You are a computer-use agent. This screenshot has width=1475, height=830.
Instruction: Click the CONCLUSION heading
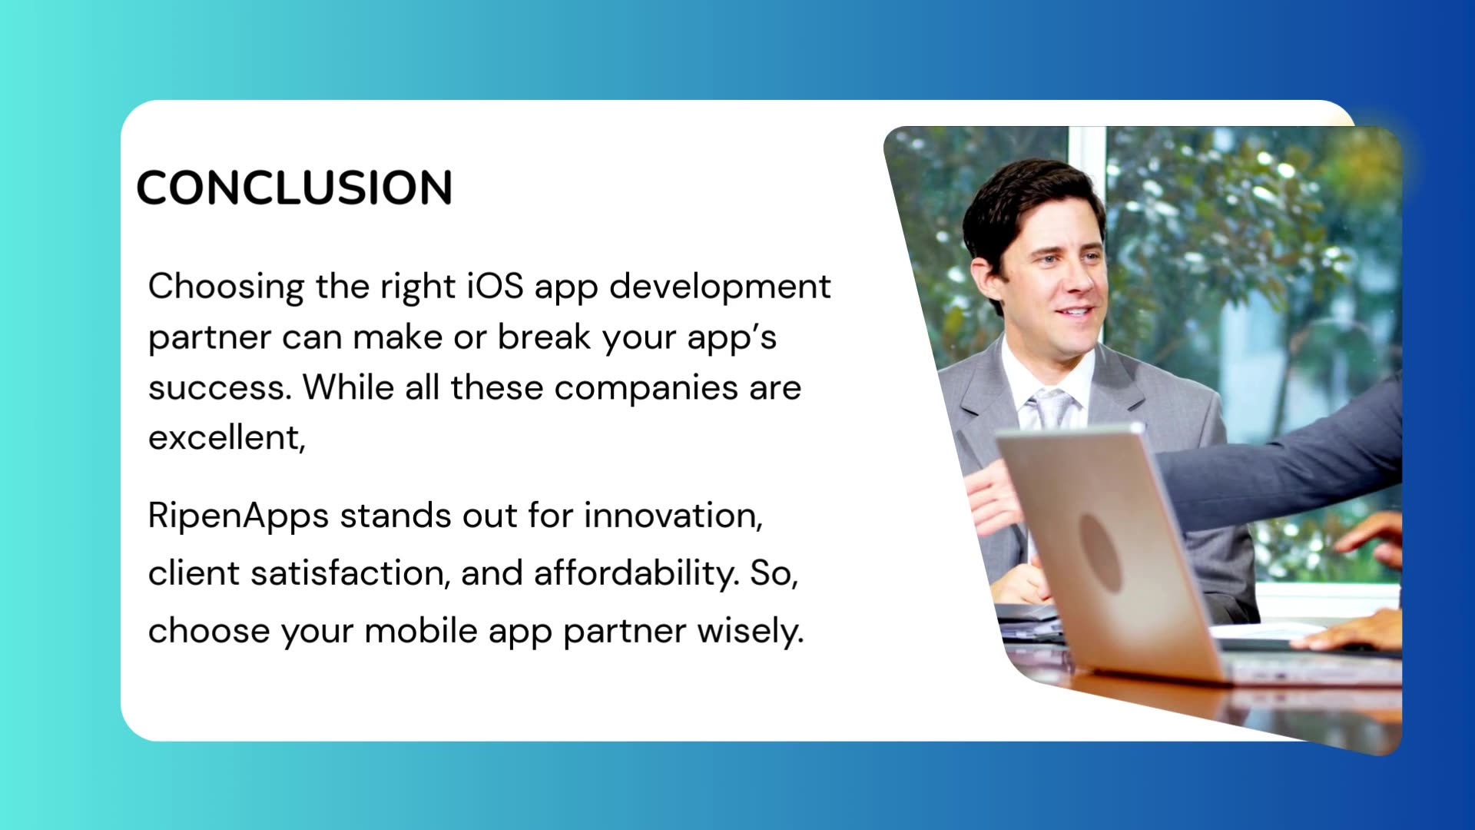pyautogui.click(x=294, y=188)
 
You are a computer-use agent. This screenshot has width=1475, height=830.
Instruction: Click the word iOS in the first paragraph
pyautogui.click(x=496, y=286)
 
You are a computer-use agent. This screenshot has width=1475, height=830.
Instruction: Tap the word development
pyautogui.click(x=720, y=286)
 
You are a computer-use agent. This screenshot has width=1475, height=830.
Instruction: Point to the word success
pyautogui.click(x=218, y=387)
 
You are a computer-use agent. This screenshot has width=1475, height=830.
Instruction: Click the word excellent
pyautogui.click(x=225, y=438)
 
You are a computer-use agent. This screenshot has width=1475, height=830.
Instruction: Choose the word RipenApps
pyautogui.click(x=238, y=515)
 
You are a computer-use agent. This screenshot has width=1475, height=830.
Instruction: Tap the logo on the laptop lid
pyautogui.click(x=1100, y=552)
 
